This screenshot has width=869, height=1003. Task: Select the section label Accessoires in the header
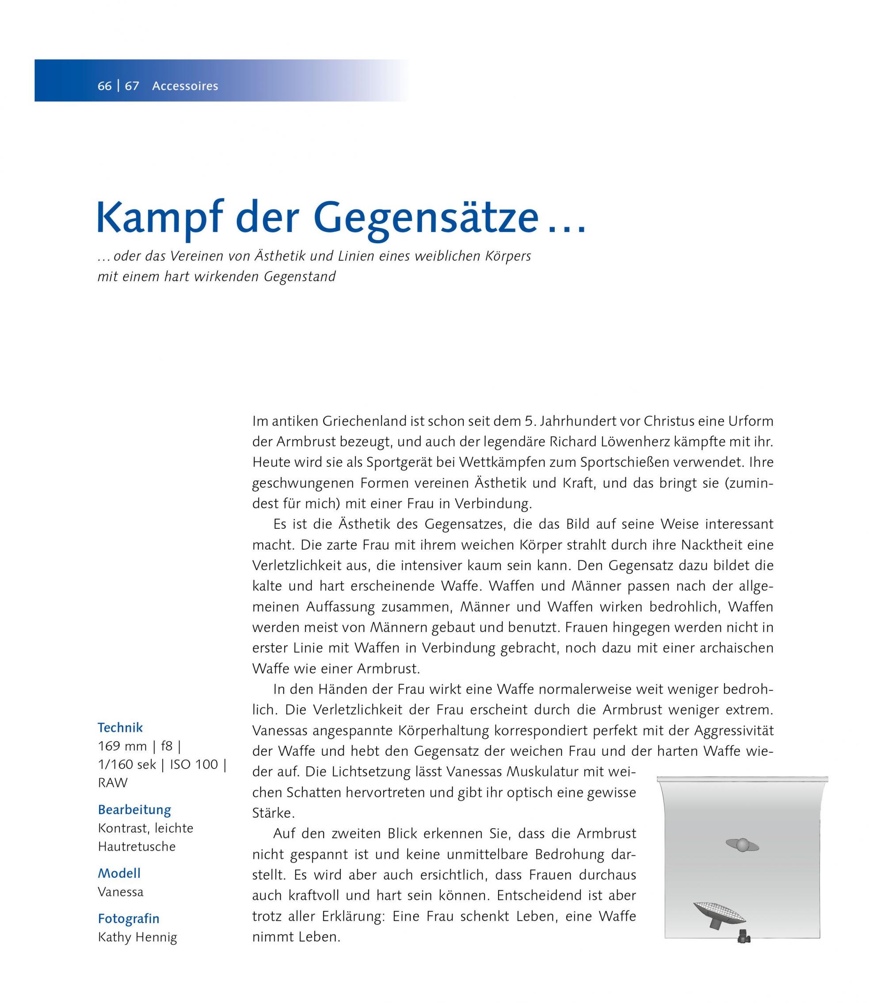click(185, 86)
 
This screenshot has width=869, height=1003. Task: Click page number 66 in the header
click(104, 86)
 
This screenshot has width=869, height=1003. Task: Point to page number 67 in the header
click(132, 86)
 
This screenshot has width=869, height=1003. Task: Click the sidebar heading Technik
click(120, 728)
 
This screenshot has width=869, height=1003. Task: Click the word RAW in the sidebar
click(113, 783)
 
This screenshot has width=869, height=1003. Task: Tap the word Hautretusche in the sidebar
click(137, 847)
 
